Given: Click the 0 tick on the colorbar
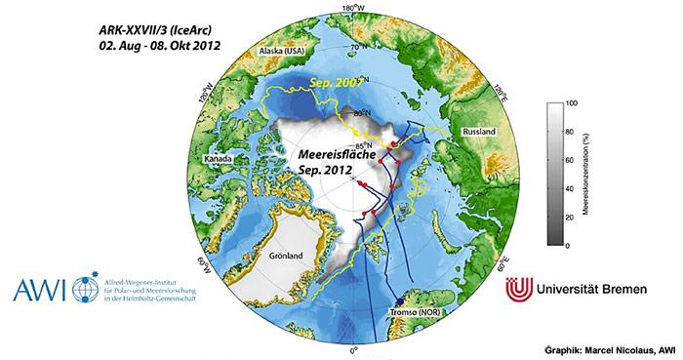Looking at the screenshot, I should pos(570,246).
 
